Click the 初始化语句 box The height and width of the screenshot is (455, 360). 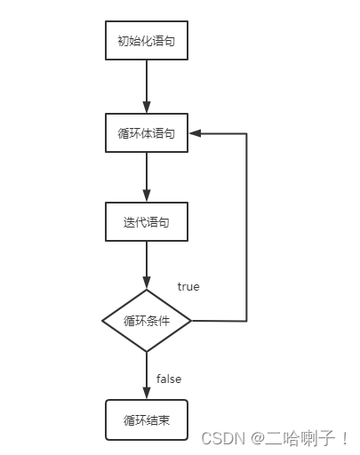pos(147,41)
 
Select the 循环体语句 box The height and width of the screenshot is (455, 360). pos(147,133)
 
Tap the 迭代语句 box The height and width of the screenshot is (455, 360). pos(147,222)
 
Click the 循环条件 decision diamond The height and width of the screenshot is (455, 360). pos(147,320)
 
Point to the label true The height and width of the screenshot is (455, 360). pos(188,287)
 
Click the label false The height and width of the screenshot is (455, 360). pos(169,379)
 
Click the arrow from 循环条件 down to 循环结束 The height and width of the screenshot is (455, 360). pos(147,373)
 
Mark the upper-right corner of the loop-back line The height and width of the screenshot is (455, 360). pos(246,133)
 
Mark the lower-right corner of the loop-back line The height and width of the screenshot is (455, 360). pos(246,320)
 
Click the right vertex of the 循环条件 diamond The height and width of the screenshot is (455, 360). pos(191,320)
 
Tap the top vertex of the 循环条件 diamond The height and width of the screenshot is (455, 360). pos(147,290)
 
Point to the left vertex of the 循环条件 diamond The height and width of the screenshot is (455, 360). pos(102,320)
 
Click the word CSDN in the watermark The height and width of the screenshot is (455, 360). pos(220,437)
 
